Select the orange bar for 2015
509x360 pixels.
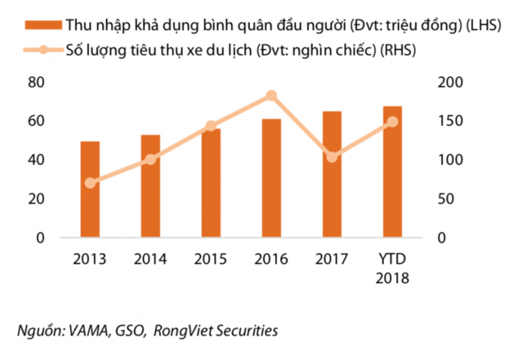tap(211, 183)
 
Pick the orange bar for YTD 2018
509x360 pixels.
tap(392, 171)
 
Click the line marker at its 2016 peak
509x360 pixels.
tap(272, 96)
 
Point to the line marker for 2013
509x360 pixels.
tap(90, 183)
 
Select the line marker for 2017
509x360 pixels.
tap(332, 156)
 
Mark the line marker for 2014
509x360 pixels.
tap(150, 159)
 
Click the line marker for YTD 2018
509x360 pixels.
tap(392, 122)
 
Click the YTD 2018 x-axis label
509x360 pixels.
tap(392, 269)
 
